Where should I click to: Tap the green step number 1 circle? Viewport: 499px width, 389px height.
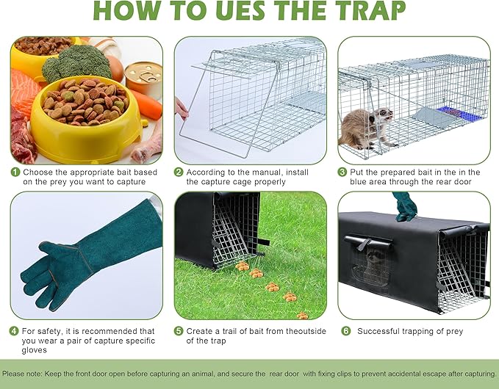point(15,172)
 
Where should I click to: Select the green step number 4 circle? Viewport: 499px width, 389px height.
point(15,331)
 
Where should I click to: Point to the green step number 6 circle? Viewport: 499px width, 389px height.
point(345,331)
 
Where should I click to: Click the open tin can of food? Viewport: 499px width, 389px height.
point(143,77)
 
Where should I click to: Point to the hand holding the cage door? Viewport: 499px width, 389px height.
point(181,110)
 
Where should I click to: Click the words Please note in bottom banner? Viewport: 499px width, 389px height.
point(23,374)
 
